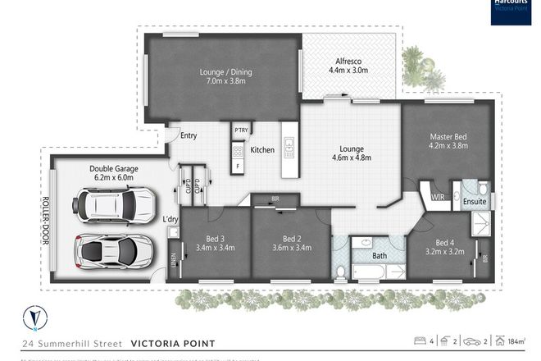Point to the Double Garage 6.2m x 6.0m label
click(x=114, y=173)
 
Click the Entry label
click(x=189, y=136)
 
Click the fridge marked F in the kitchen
click(x=239, y=167)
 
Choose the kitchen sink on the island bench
click(x=289, y=148)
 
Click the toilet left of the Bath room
click(x=341, y=270)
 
